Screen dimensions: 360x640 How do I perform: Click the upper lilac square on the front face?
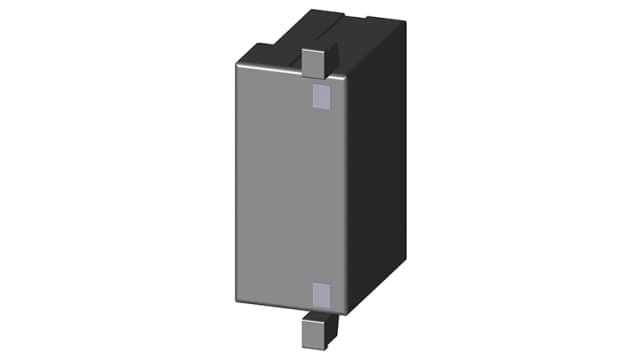[321, 96]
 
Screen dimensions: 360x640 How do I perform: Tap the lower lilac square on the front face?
[321, 293]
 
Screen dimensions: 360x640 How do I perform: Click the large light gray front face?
[285, 190]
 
